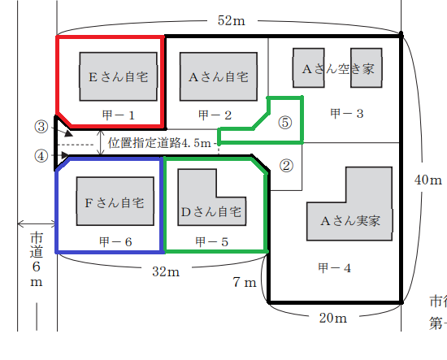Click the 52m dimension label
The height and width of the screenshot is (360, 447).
231,20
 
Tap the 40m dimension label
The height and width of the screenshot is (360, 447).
428,180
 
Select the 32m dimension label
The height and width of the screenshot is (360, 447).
166,271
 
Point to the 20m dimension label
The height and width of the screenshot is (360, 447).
333,318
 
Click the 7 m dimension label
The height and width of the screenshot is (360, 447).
245,282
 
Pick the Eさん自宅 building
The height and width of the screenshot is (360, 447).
119,76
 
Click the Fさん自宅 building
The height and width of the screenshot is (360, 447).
115,202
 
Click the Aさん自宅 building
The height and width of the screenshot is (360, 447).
219,76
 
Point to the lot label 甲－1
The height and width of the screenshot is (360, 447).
119,115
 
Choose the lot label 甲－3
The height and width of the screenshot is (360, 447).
347,114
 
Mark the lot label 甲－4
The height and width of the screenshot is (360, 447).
334,268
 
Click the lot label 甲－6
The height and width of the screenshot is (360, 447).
115,242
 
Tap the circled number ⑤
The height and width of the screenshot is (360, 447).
285,123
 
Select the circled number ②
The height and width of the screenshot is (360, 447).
286,166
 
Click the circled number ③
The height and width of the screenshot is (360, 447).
41,127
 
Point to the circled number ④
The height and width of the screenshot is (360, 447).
41,156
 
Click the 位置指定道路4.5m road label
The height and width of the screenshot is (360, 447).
159,143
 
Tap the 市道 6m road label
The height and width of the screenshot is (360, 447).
37,259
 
